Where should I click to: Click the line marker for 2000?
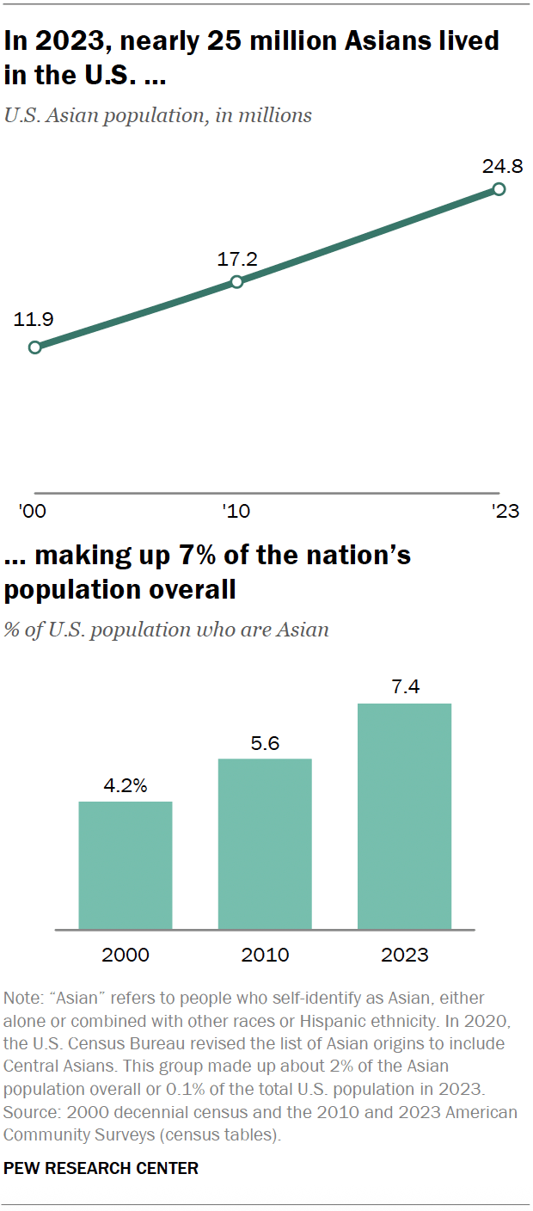[34, 347]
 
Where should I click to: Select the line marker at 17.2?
[237, 281]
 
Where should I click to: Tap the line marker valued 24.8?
[499, 189]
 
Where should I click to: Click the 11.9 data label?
[34, 320]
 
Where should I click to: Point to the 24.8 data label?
[502, 164]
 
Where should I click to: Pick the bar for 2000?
[126, 865]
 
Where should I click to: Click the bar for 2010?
[265, 844]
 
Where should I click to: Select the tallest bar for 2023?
[404, 816]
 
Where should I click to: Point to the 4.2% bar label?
[126, 786]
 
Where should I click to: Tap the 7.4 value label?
[404, 688]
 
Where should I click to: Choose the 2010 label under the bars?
[265, 955]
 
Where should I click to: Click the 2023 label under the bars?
[404, 955]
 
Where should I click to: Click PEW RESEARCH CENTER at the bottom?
[101, 1168]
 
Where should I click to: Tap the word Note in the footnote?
[21, 999]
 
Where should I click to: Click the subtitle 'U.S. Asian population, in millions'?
[158, 115]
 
